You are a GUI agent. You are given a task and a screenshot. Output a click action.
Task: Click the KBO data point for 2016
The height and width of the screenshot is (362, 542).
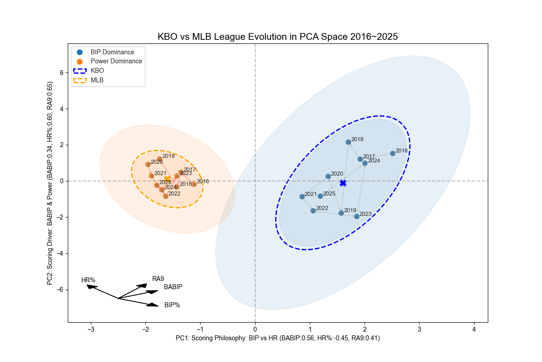[392, 153]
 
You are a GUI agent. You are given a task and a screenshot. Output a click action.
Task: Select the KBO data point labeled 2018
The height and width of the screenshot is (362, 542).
[348, 142]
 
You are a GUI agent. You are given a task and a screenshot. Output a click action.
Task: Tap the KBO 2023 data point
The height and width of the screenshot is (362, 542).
[356, 217]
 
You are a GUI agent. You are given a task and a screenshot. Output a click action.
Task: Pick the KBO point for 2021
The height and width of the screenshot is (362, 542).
[302, 197]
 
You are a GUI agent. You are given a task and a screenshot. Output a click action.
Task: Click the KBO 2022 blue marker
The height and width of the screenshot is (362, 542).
[313, 211]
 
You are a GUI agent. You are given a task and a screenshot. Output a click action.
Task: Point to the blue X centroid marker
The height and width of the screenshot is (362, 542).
[343, 183]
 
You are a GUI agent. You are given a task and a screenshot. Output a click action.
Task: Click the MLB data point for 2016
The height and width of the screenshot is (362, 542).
[194, 184]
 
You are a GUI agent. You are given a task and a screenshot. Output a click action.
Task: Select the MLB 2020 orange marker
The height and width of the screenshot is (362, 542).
[148, 165]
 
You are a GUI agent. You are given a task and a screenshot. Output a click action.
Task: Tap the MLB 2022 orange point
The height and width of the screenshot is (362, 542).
[166, 196]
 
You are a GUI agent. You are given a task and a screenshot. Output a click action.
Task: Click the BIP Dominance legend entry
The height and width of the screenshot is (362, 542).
[112, 52]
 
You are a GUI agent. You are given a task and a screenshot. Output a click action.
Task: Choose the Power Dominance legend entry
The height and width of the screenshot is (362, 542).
[116, 61]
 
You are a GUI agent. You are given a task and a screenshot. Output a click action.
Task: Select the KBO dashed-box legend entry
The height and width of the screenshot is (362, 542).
[97, 71]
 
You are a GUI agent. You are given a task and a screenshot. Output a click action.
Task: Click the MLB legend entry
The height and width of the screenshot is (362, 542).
[97, 80]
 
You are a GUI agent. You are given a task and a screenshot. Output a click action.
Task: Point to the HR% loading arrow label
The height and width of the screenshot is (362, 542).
[88, 280]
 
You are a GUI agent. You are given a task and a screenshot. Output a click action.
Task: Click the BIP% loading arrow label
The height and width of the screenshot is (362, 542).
[172, 305]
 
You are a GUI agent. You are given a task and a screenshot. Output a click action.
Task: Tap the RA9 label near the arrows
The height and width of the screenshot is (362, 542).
[158, 279]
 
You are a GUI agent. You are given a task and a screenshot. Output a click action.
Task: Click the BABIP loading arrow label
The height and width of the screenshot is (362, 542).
[173, 287]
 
